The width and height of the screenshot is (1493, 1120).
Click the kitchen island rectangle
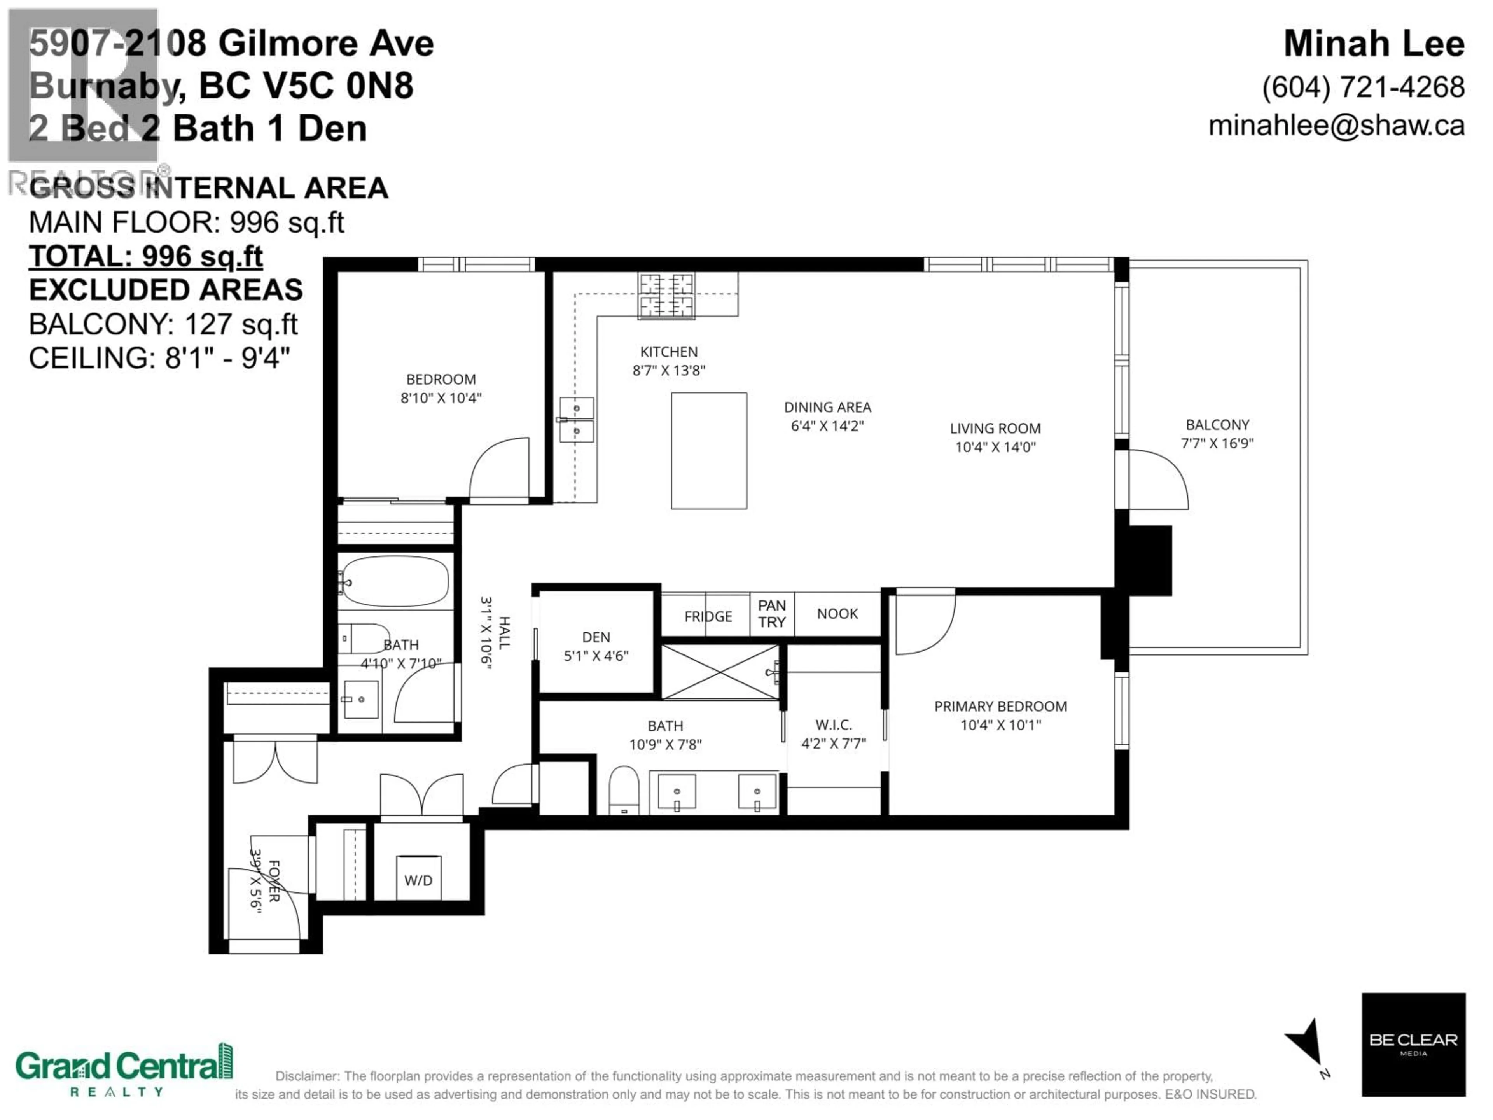pos(709,450)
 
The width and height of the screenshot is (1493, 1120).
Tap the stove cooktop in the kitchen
pos(667,295)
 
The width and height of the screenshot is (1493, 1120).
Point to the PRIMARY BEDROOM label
pos(1000,706)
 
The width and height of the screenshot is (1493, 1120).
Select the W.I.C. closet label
pos(834,725)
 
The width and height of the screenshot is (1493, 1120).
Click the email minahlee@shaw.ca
pos(1336,126)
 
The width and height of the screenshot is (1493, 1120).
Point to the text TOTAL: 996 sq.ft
pos(146,257)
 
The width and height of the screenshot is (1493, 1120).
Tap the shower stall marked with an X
pos(720,672)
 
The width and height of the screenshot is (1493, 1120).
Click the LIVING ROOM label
pos(995,428)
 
